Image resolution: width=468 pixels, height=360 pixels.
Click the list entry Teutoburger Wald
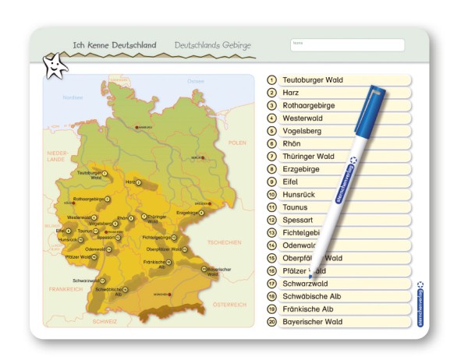[x=313, y=80]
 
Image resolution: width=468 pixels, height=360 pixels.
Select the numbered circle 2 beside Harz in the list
[x=272, y=93]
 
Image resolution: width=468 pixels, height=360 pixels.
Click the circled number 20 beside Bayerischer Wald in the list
[x=272, y=322]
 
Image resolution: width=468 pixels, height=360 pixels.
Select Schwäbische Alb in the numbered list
[x=311, y=296]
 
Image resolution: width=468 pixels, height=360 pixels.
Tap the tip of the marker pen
[x=310, y=277]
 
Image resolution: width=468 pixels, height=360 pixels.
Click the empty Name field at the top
[x=347, y=45]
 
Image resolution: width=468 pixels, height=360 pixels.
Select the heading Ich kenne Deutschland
[x=115, y=45]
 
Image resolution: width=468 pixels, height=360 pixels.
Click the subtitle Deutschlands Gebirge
[x=212, y=45]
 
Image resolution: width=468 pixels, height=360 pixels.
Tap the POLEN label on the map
[x=237, y=143]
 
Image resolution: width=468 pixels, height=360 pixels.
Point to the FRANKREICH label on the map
[x=64, y=289]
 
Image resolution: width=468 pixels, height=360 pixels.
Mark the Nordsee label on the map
[x=73, y=97]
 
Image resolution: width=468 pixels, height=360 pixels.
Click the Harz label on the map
[x=130, y=182]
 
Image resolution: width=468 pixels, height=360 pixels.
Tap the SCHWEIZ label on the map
[x=105, y=320]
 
